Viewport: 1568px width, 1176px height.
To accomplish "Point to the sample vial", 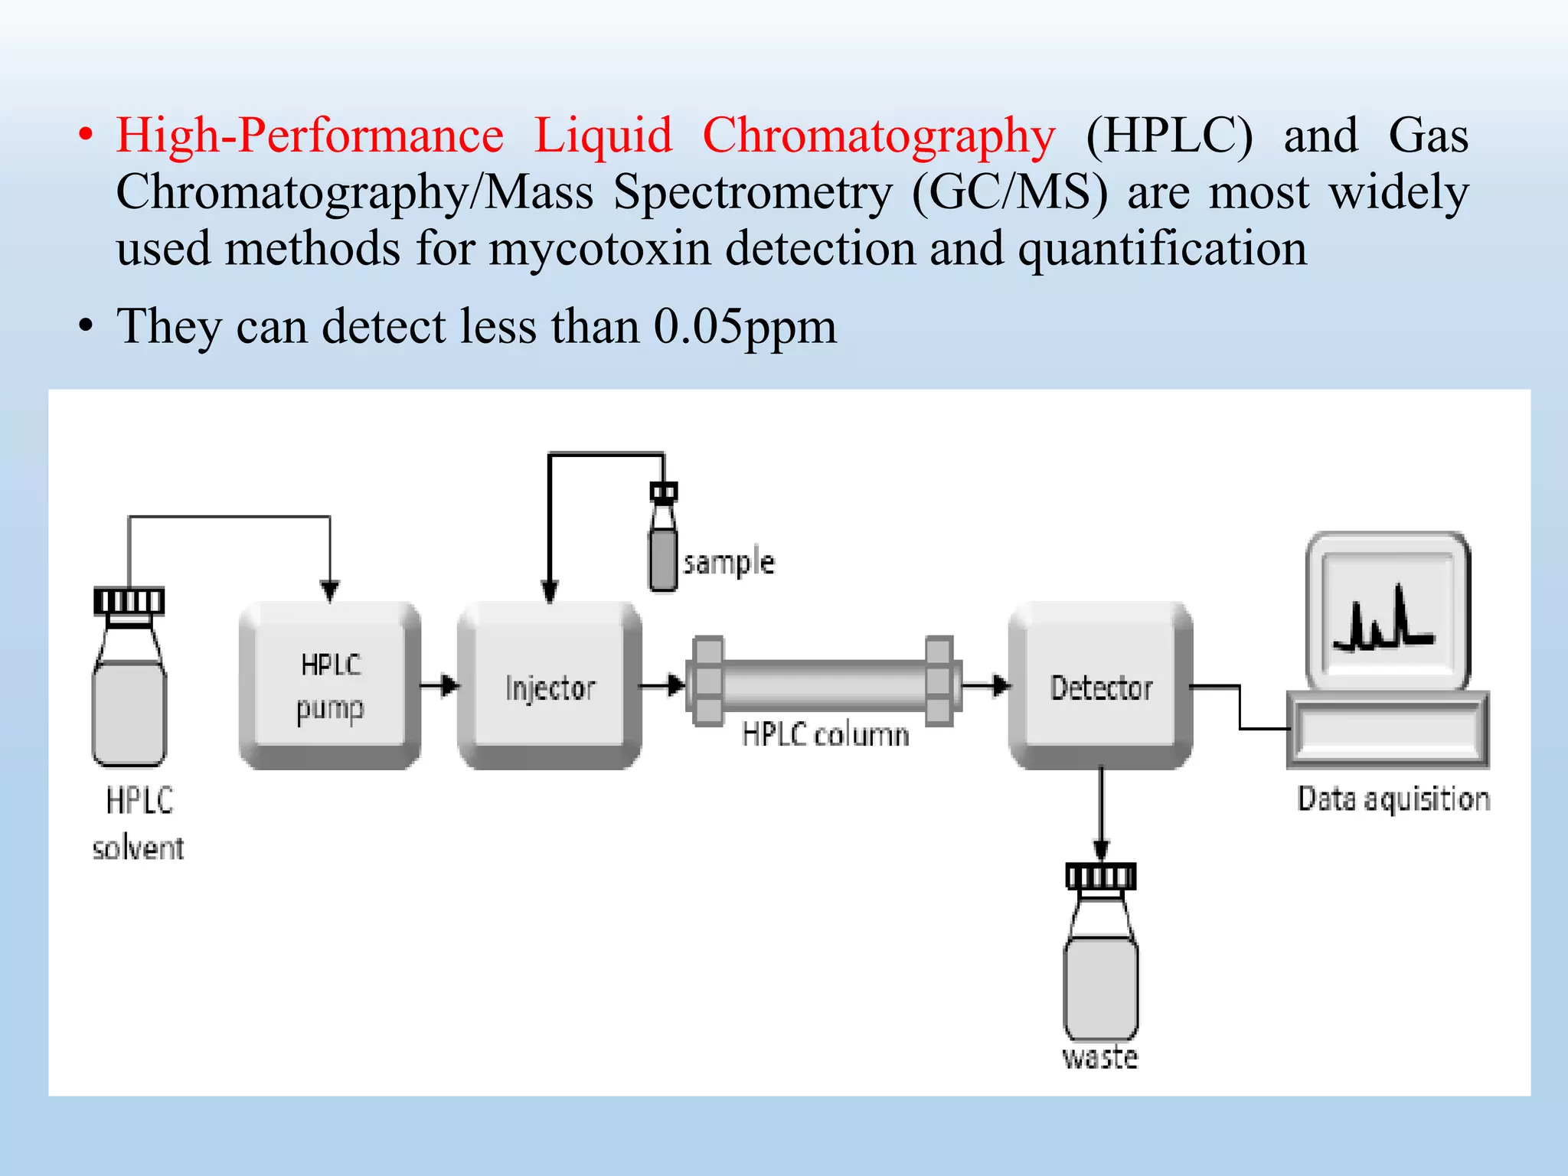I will coord(663,547).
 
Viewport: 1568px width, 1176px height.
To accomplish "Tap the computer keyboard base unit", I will coord(1387,730).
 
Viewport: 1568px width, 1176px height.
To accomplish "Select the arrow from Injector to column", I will coord(663,684).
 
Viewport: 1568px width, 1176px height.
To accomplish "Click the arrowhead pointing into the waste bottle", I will coord(1101,848).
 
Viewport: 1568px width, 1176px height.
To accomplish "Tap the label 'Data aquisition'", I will coord(1393,799).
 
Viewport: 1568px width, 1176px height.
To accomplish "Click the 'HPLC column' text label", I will coord(825,735).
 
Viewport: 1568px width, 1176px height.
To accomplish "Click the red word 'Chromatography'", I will coord(878,136).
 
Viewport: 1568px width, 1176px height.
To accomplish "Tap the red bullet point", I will coord(86,136).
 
